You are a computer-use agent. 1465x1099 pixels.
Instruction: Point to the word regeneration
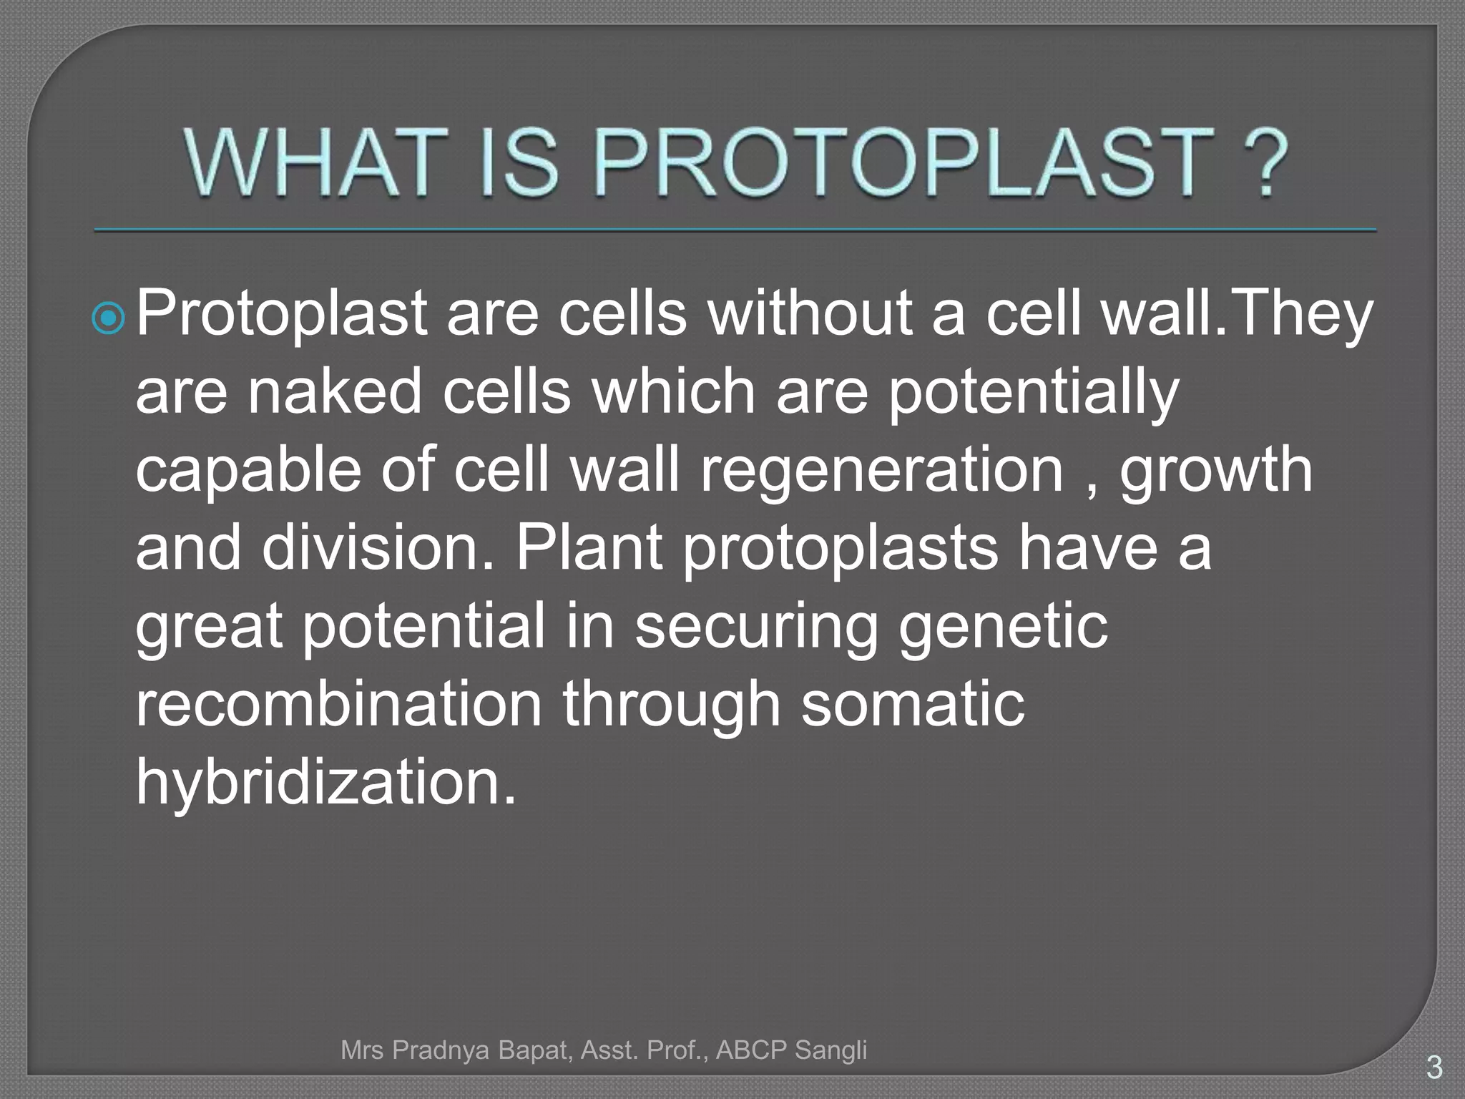881,472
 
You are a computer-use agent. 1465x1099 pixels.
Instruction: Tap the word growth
1215,472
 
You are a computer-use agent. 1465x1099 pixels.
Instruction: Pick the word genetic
1003,627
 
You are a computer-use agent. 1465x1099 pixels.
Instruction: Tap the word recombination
339,704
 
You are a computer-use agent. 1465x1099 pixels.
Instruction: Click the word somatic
912,704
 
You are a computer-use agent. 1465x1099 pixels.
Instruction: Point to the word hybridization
325,783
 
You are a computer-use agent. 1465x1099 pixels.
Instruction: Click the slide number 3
1434,1068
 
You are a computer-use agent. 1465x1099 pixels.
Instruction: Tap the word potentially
1033,394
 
